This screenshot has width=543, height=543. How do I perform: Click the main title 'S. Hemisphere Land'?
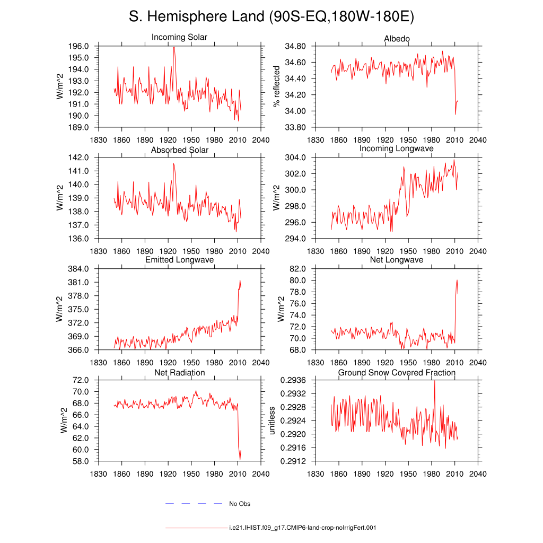click(x=197, y=16)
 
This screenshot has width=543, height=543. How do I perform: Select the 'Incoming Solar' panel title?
click(x=179, y=38)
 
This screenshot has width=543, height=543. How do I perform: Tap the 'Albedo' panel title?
click(x=397, y=39)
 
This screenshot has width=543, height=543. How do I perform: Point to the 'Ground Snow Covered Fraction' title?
click(x=397, y=373)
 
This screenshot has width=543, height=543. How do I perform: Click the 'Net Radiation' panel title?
click(x=179, y=373)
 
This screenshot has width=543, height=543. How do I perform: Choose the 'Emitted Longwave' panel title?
click(x=179, y=260)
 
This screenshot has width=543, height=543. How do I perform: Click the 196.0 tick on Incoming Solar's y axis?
click(x=78, y=46)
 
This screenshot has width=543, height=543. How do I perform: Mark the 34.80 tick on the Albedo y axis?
click(x=295, y=46)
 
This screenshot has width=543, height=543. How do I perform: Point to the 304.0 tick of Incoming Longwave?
click(x=295, y=157)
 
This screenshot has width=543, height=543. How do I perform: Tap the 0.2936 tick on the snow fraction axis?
click(x=293, y=380)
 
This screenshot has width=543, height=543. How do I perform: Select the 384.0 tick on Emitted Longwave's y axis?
click(x=78, y=269)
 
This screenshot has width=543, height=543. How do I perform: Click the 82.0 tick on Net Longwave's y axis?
click(x=297, y=269)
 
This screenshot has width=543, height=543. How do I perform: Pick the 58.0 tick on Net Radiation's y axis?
click(x=81, y=461)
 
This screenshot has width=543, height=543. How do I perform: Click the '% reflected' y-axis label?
click(x=276, y=86)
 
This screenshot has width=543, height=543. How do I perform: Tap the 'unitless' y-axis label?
click(x=272, y=421)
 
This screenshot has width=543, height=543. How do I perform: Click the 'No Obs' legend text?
click(x=240, y=504)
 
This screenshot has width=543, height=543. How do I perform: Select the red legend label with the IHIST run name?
click(x=303, y=528)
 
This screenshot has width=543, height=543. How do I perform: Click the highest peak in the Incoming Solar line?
click(x=174, y=47)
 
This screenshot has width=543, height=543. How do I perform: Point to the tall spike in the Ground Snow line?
click(x=435, y=381)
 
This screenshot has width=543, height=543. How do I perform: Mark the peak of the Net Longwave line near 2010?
click(x=457, y=280)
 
